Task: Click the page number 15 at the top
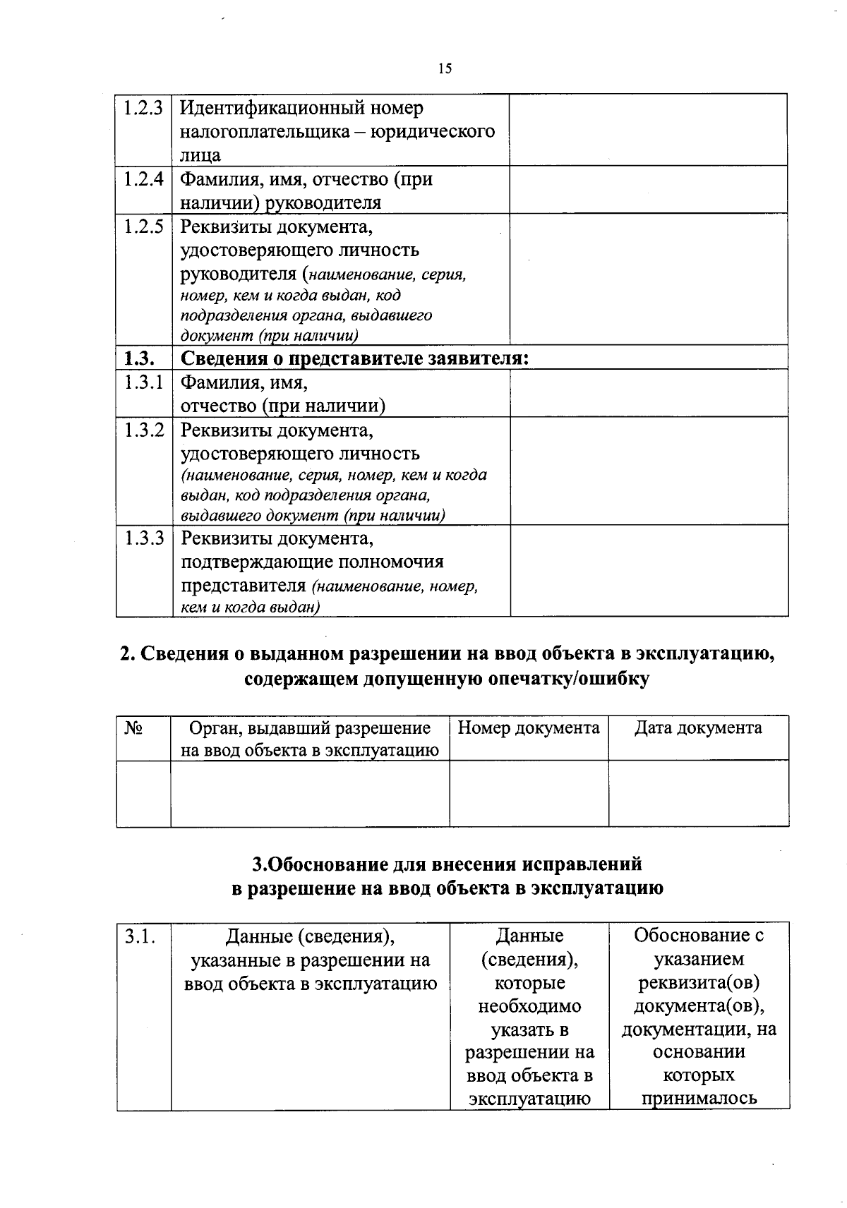(445, 68)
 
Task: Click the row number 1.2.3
(143, 109)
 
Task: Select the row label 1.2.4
(143, 179)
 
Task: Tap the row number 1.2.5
(143, 227)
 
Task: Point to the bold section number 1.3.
(135, 358)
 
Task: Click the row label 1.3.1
(143, 382)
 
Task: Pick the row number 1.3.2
(143, 430)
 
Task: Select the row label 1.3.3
(143, 538)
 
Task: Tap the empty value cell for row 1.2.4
(649, 190)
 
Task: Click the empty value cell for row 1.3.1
(649, 393)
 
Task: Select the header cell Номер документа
(529, 727)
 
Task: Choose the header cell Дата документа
(698, 727)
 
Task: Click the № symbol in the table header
(134, 727)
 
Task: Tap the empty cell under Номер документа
(529, 793)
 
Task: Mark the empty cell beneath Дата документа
(698, 793)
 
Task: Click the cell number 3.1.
(139, 937)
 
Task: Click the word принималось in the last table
(698, 1099)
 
